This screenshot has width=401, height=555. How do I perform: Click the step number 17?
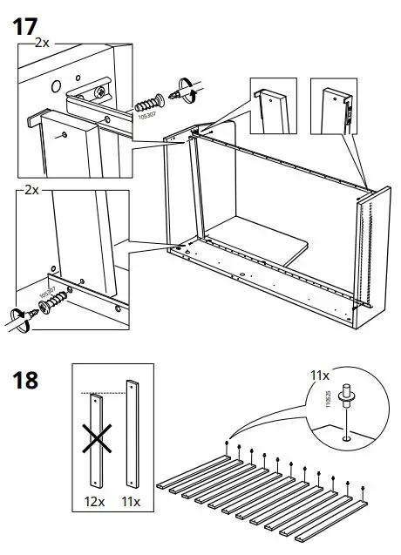(x=27, y=25)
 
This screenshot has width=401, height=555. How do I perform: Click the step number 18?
(x=27, y=382)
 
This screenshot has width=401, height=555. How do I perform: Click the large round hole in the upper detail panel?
(x=55, y=87)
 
